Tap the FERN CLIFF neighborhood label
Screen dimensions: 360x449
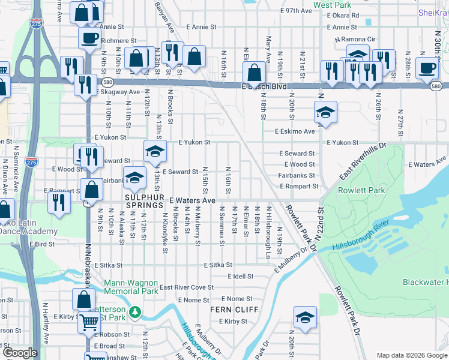pyautogui.click(x=234, y=310)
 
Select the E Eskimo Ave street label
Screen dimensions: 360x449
pyautogui.click(x=295, y=131)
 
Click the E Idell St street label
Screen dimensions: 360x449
pyautogui.click(x=240, y=276)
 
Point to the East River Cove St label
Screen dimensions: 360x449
pyautogui.click(x=186, y=287)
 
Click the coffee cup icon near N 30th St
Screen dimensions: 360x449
pyautogui.click(x=427, y=67)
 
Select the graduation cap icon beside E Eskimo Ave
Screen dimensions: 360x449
pyautogui.click(x=325, y=112)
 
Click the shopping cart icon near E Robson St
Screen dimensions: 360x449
pyautogui.click(x=89, y=322)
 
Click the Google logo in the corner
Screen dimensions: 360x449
pyautogui.click(x=20, y=353)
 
